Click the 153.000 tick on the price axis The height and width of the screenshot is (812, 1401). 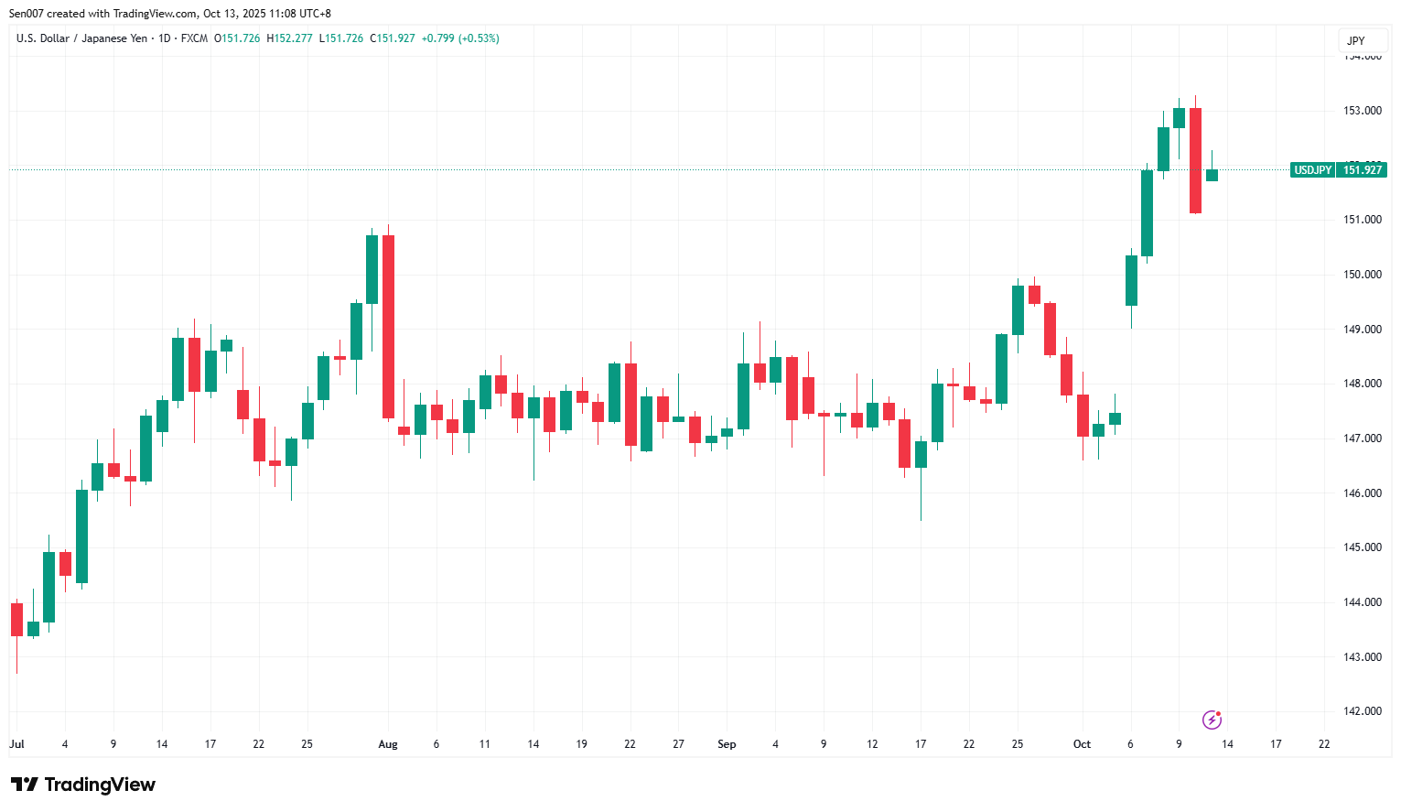coord(1362,111)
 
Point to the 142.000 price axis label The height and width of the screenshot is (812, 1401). coord(1362,711)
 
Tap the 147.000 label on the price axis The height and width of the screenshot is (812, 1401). coord(1362,438)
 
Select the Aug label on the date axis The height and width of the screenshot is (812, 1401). coord(388,744)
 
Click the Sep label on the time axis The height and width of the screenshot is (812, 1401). coord(727,744)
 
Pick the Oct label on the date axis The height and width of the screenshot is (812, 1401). coord(1082,744)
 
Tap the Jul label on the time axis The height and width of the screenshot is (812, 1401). coord(16,744)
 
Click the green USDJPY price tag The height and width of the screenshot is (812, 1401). coord(1312,170)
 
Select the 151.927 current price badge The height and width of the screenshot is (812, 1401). coord(1362,170)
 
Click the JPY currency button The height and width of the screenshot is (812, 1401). coord(1356,41)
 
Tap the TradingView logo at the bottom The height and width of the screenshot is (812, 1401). coord(83,785)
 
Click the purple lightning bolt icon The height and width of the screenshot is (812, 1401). coord(1212,720)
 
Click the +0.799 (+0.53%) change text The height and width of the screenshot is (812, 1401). coord(460,38)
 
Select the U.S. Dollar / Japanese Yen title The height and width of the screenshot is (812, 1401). coord(81,38)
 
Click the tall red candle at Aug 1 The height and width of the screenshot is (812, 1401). coord(388,327)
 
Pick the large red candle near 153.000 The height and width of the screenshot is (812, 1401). coord(1195,160)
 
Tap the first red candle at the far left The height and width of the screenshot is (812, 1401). coord(16,619)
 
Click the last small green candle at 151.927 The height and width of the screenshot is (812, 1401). coord(1212,175)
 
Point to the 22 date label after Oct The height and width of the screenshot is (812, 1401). coord(1324,744)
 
